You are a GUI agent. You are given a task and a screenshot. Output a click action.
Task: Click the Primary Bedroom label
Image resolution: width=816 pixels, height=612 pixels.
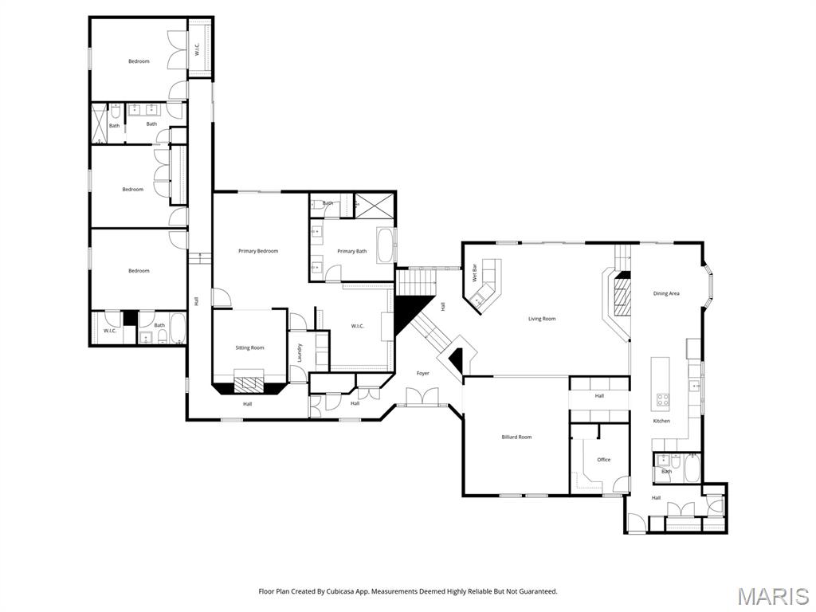click(258, 251)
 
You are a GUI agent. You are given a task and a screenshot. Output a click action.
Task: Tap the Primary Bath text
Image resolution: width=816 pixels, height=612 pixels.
click(351, 251)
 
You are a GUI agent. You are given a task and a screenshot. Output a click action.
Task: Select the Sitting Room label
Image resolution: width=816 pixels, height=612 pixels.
click(249, 347)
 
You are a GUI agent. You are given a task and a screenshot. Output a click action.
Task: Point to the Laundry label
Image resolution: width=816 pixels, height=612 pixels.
click(300, 351)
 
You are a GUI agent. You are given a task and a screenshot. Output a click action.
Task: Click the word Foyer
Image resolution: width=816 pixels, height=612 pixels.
click(422, 373)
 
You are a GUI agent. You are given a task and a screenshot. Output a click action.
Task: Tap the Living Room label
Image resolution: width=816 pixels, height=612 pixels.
click(542, 319)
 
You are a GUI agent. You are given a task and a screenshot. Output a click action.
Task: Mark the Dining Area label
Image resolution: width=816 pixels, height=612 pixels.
click(666, 293)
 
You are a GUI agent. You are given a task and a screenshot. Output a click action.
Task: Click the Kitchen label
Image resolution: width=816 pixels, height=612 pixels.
click(661, 421)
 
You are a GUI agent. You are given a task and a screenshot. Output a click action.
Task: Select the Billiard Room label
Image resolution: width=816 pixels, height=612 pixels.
click(516, 437)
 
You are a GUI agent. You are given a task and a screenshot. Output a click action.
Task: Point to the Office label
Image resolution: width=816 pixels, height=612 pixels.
click(603, 460)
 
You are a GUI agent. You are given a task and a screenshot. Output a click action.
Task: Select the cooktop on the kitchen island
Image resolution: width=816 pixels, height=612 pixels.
click(661, 399)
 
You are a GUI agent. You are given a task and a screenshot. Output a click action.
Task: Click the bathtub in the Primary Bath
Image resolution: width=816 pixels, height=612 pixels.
click(385, 246)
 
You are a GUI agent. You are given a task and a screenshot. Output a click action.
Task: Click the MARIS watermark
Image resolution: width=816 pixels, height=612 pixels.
click(772, 596)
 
